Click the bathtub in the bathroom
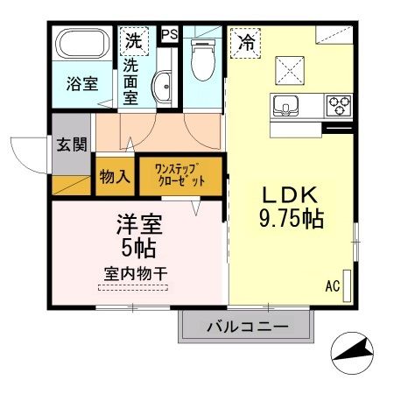(x=81, y=45)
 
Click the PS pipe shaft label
(x=169, y=34)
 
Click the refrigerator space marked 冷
(x=248, y=40)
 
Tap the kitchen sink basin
(x=285, y=108)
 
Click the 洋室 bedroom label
(x=137, y=224)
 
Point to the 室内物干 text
(x=132, y=273)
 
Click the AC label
(x=332, y=285)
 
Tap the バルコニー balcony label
(x=246, y=329)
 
